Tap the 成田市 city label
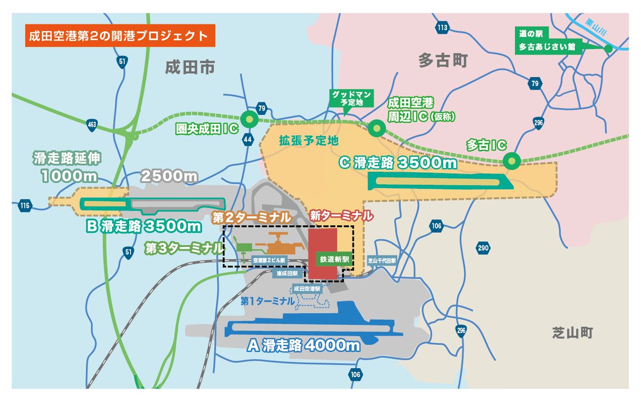pyautogui.click(x=190, y=67)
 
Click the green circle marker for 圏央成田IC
pyautogui.click(x=248, y=119)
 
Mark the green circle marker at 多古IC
pyautogui.click(x=511, y=160)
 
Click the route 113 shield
pyautogui.click(x=442, y=27)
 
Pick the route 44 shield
pyautogui.click(x=247, y=140)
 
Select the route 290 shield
pyautogui.click(x=483, y=248)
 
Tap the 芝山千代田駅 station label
pyautogui.click(x=382, y=260)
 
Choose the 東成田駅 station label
pyautogui.click(x=287, y=273)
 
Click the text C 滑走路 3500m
pyautogui.click(x=398, y=162)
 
